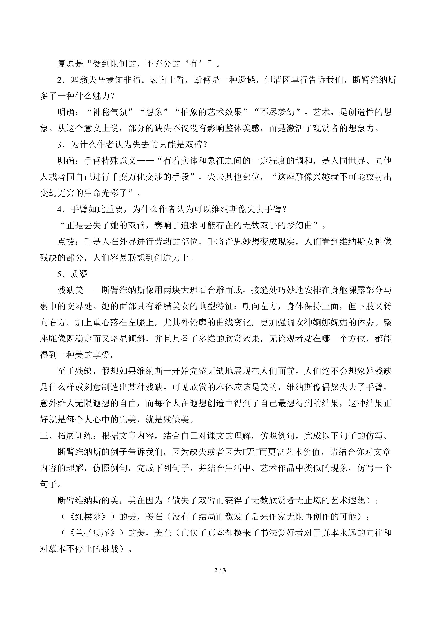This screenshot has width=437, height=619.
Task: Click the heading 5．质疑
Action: click(73, 274)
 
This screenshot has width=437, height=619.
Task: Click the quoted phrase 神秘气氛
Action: click(110, 112)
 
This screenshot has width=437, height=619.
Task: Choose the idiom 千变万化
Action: click(136, 177)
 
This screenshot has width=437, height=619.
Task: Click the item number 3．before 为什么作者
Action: click(62, 145)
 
